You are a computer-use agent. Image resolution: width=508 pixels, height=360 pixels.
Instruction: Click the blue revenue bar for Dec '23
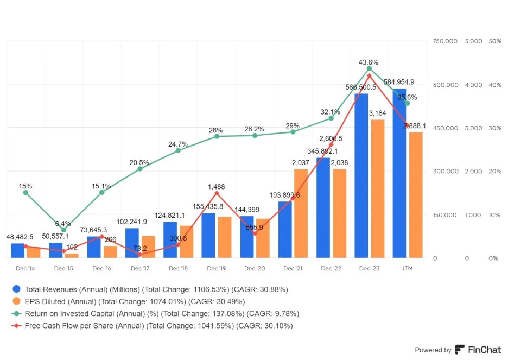coord(361,176)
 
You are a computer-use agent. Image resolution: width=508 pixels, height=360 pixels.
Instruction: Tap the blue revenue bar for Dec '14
coord(18,250)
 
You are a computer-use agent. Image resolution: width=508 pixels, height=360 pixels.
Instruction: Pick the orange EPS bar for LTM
coord(416,195)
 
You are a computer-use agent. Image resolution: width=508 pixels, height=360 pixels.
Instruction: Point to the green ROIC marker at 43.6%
coord(369,68)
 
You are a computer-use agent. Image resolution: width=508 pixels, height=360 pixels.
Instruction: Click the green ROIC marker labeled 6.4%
coord(63,230)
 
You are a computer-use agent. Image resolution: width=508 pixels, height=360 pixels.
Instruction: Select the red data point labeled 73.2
coord(140,254)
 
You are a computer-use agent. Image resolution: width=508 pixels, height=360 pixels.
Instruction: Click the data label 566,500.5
coord(361,87)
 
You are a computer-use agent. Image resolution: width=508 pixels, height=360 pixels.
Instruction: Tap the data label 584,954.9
coord(399,82)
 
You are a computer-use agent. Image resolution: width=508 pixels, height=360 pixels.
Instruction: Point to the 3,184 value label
coord(377,113)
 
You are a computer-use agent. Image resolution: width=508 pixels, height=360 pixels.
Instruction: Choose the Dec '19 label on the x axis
coord(217,269)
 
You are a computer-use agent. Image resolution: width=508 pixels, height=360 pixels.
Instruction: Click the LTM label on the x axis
coord(407,269)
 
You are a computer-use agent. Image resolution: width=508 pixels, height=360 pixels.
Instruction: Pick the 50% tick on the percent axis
coord(494,41)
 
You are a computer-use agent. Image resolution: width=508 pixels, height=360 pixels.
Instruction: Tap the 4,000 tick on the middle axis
coord(473,85)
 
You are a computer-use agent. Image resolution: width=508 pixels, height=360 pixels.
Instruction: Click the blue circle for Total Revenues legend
coord(17,289)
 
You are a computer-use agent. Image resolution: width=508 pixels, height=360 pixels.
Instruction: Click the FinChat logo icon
coord(460,350)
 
